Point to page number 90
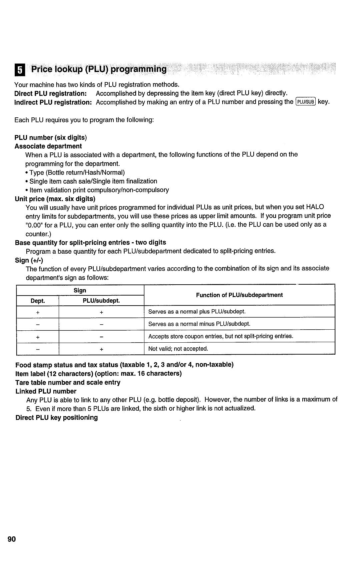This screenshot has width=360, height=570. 20,539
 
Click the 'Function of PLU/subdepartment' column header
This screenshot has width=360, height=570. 239,295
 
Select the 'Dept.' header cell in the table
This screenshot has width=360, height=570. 38,301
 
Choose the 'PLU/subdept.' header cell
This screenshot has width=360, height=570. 101,301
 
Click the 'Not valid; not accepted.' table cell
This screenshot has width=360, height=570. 178,349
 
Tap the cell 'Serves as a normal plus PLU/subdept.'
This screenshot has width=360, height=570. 197,311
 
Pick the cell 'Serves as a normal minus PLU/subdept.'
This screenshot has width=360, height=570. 199,324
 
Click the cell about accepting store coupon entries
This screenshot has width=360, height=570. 221,336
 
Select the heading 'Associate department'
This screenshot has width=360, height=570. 48,146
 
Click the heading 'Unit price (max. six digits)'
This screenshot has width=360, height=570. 55,199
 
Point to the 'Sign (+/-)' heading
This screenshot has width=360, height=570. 29,260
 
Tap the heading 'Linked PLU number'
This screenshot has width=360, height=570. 46,391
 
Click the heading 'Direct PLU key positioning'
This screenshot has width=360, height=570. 57,418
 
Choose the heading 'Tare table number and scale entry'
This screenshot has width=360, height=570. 68,382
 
